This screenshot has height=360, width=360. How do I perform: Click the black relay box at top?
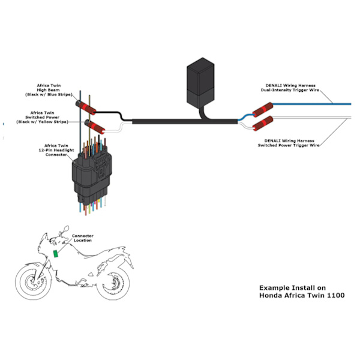tap(200, 83)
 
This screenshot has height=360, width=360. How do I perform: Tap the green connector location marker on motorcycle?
tap(56, 254)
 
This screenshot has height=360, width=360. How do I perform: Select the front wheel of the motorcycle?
tap(34, 282)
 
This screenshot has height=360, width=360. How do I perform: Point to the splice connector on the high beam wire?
tap(86, 107)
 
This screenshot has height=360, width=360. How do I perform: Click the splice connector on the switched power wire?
tap(95, 127)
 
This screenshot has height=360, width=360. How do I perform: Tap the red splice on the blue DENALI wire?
tap(263, 110)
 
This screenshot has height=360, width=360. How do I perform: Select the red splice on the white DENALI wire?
tap(263, 123)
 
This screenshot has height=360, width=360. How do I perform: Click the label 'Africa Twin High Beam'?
tap(49, 90)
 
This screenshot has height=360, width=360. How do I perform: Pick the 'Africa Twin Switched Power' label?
tap(42, 118)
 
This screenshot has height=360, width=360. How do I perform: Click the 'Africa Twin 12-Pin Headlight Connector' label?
tap(56, 150)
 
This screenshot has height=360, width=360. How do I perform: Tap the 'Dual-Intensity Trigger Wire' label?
tap(290, 90)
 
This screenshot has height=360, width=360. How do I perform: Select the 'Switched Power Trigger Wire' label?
tap(289, 145)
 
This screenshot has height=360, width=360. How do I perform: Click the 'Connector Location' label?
tap(83, 238)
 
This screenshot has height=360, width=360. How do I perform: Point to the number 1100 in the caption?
tap(335, 295)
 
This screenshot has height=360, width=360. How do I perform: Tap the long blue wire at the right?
tap(312, 104)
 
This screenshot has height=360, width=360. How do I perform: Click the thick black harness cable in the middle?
tap(185, 121)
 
